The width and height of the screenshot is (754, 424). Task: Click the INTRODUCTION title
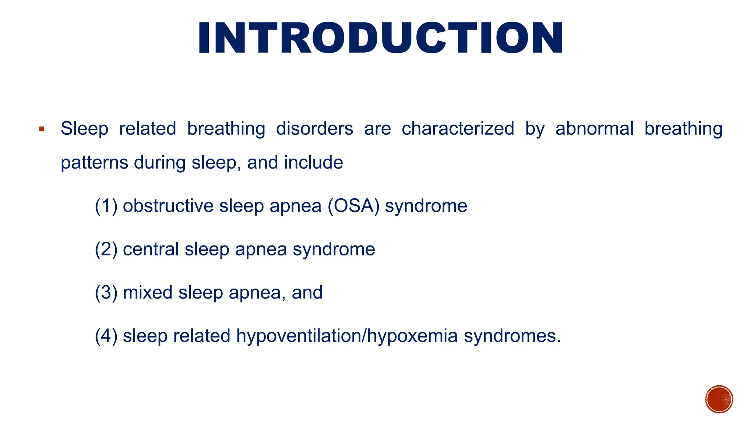pos(381,38)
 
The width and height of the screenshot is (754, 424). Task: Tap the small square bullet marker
pos(42,129)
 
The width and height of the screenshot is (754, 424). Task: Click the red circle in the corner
pos(719,399)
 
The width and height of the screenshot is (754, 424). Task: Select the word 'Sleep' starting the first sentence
pos(84,129)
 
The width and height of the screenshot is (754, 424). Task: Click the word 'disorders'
pos(314,129)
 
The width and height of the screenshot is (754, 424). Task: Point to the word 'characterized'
pos(458,129)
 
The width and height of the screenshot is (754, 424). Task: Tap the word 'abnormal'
pos(594,129)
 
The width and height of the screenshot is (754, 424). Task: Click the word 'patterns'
pos(94,163)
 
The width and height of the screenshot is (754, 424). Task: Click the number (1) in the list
pos(106,206)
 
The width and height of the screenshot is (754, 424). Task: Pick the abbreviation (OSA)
pos(353,206)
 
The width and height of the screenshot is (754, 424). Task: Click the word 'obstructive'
pos(168,206)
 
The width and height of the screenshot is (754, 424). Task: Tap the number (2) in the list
pos(106,249)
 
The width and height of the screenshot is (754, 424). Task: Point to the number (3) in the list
pos(106,293)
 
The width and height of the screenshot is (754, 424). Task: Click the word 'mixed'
pos(148,293)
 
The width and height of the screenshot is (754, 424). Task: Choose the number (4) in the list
pos(106,336)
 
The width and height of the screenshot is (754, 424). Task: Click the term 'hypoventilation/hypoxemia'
pos(347,336)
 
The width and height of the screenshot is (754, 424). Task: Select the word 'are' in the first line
pos(377,129)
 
